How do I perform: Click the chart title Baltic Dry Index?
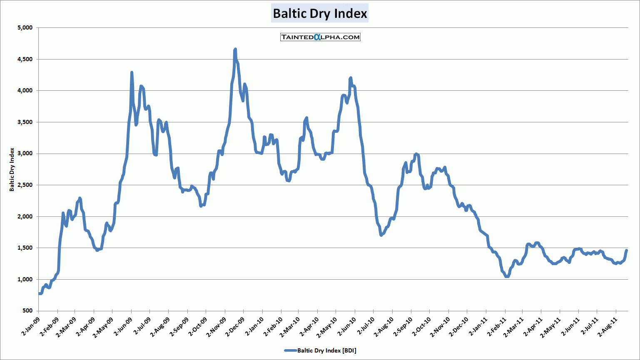tap(320, 13)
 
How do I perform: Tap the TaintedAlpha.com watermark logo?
tap(320, 37)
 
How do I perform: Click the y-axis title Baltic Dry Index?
tap(12, 169)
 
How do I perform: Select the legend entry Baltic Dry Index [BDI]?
tap(320, 350)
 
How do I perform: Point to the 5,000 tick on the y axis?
tap(25, 28)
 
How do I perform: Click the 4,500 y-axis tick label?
tap(25, 59)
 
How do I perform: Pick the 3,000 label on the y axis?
tap(25, 154)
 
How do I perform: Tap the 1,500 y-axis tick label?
tap(25, 248)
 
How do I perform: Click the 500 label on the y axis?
tap(27, 311)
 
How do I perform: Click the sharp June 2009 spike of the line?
tap(132, 73)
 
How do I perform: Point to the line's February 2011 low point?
tap(507, 276)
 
